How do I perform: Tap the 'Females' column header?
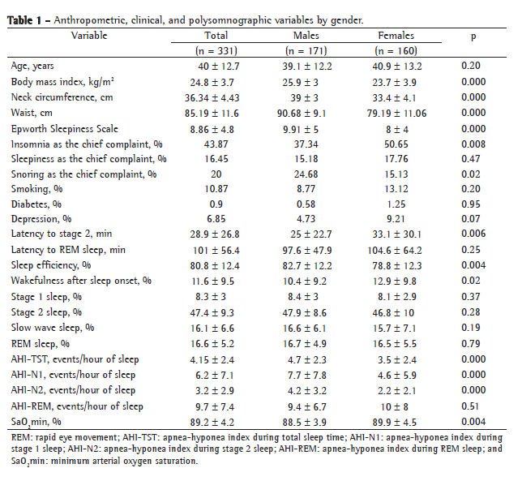tap(396, 36)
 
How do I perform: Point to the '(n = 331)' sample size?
tap(216, 50)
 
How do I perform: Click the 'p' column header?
tap(473, 37)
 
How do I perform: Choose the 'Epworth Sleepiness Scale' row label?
tap(65, 128)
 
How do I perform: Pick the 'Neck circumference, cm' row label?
tap(62, 97)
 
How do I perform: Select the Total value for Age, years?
tap(216, 66)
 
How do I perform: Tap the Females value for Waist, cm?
tap(396, 113)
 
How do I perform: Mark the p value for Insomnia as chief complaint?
tap(473, 144)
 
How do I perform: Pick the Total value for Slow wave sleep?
tap(216, 329)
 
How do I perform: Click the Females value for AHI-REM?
tap(396, 406)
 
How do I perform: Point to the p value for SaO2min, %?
tap(473, 421)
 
